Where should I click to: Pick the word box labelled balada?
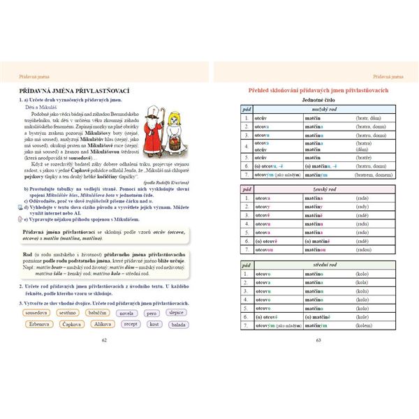pyautogui.click(x=177, y=325)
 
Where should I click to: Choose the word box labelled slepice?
pyautogui.click(x=177, y=314)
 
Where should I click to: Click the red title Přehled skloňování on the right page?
pyautogui.click(x=318, y=91)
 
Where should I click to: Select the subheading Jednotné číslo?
pyautogui.click(x=318, y=101)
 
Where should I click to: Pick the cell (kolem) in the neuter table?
pyautogui.click(x=362, y=325)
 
